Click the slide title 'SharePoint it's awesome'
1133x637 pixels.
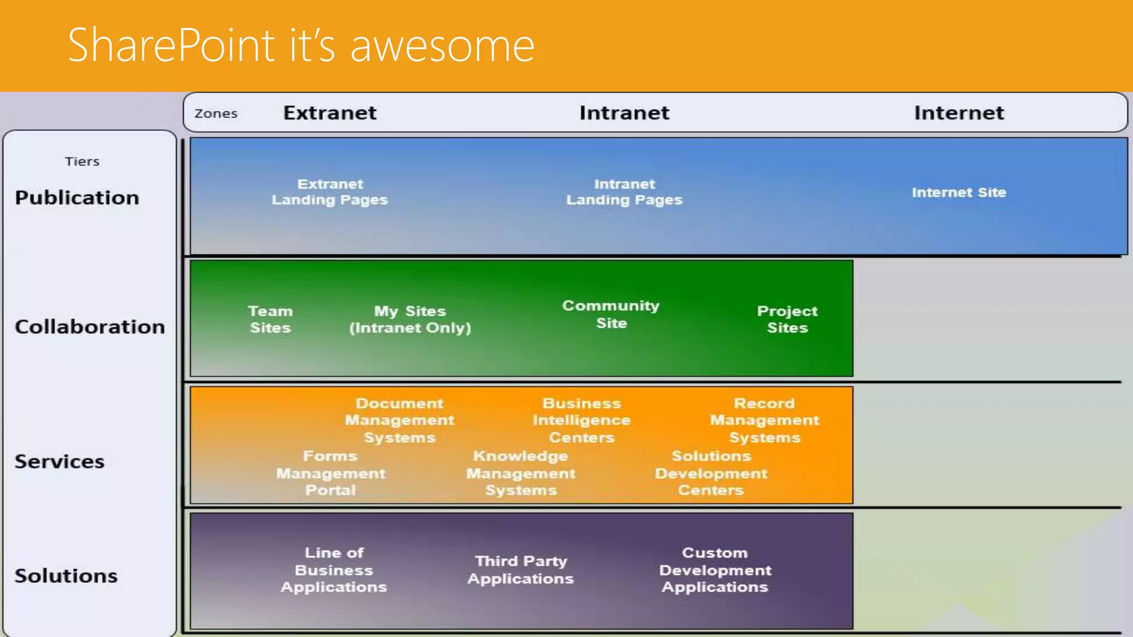[x=301, y=45]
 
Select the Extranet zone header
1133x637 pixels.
[x=330, y=113]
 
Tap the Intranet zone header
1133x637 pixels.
[x=624, y=113]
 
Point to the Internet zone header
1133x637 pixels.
[x=959, y=113]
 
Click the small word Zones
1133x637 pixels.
[x=216, y=113]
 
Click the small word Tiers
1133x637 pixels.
[x=82, y=161]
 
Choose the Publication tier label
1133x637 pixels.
[x=77, y=198]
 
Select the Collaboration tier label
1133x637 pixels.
[x=90, y=327]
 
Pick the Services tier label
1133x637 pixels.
[x=59, y=461]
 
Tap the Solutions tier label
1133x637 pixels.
[x=66, y=576]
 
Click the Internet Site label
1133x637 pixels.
[x=959, y=192]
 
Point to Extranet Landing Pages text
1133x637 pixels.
[x=330, y=192]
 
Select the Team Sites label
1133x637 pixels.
[x=270, y=319]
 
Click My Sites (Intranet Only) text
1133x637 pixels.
[x=410, y=319]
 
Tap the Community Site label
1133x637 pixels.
[x=611, y=314]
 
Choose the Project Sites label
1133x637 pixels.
[x=787, y=319]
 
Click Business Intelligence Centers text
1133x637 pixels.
[x=581, y=420]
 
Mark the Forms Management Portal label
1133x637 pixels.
[x=330, y=473]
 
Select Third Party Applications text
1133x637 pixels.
[x=521, y=570]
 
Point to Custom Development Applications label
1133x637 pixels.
[x=715, y=570]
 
